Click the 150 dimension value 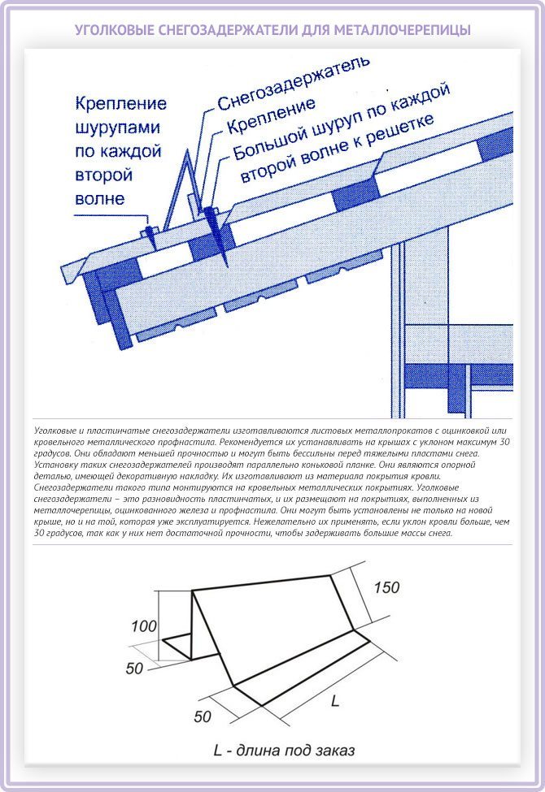pos(386,587)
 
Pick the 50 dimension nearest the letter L pos(202,716)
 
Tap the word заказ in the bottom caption pos(334,750)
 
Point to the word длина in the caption pos(258,750)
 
